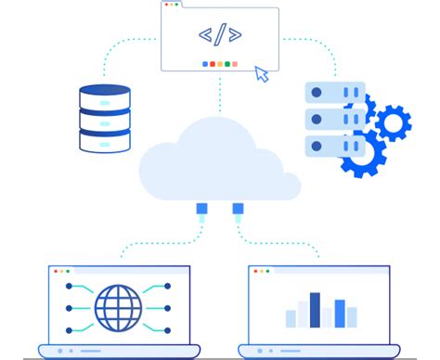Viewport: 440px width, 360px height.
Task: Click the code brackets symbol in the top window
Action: click(x=220, y=35)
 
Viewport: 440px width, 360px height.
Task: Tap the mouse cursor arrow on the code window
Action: click(x=262, y=73)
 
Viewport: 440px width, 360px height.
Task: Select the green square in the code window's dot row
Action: click(x=227, y=64)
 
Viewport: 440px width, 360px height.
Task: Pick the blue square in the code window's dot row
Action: click(x=205, y=64)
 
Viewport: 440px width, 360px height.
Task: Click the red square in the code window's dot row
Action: click(x=213, y=64)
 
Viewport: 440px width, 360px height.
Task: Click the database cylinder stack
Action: click(x=105, y=118)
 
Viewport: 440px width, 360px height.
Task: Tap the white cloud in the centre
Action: click(x=219, y=159)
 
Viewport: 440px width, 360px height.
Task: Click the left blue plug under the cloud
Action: click(x=201, y=210)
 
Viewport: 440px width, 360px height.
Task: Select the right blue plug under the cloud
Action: click(x=238, y=210)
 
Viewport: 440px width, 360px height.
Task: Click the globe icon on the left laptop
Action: click(x=118, y=307)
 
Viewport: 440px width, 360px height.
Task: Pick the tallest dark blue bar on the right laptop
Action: click(x=315, y=310)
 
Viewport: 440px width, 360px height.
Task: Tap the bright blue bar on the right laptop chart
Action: click(x=340, y=313)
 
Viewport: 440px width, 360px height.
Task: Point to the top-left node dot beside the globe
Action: click(x=69, y=288)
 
